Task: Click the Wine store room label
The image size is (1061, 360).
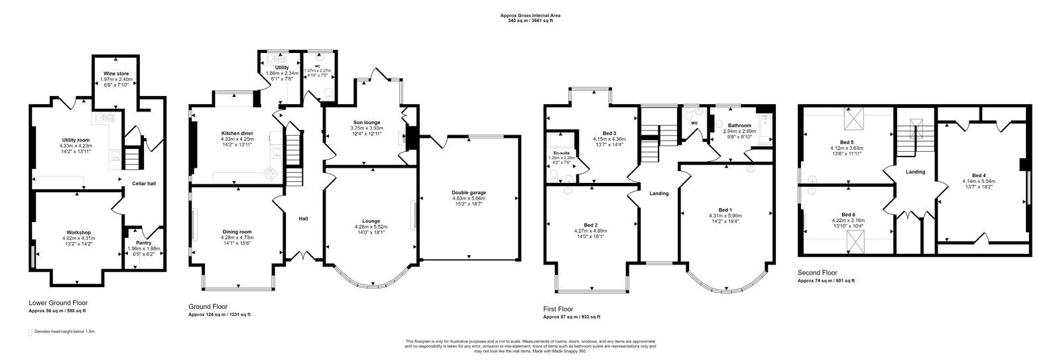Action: (x=116, y=74)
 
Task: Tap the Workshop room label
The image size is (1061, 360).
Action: (x=78, y=233)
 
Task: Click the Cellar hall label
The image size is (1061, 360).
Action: (x=143, y=184)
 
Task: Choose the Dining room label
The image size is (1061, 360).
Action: (x=237, y=231)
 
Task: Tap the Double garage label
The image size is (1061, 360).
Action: (x=469, y=192)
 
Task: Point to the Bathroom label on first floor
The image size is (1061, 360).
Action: (x=739, y=125)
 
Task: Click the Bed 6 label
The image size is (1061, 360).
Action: (x=847, y=215)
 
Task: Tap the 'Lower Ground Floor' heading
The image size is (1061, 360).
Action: (x=58, y=302)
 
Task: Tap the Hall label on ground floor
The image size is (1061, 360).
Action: (x=303, y=219)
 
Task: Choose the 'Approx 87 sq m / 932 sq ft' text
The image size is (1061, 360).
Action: (x=572, y=317)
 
